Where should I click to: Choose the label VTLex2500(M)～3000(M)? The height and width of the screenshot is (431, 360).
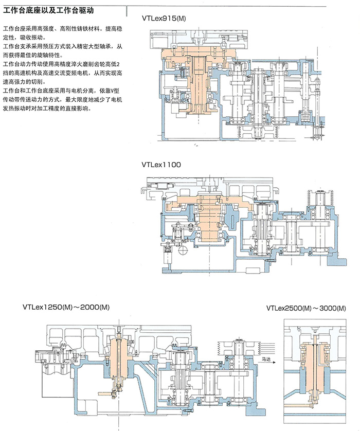[x=307, y=308]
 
